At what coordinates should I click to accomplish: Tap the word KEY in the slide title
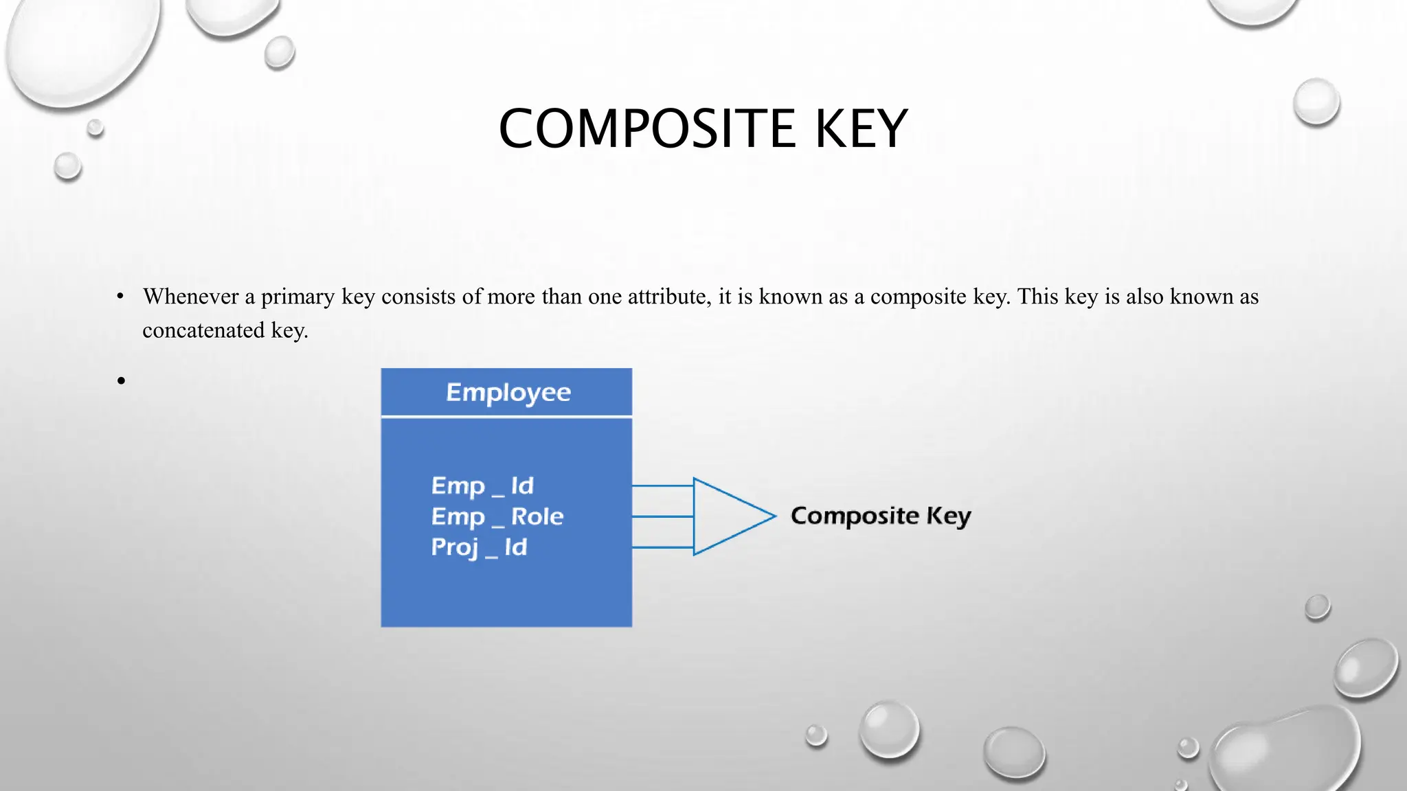(862, 129)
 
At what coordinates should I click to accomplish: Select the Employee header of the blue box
(508, 392)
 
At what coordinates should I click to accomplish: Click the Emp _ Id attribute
(482, 486)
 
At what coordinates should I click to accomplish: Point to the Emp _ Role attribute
(497, 516)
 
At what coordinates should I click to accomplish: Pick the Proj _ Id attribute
(479, 547)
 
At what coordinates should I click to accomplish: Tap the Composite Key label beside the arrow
(881, 516)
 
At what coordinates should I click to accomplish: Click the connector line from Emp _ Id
(662, 486)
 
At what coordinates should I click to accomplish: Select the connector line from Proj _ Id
(662, 547)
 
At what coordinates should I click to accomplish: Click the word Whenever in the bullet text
(190, 297)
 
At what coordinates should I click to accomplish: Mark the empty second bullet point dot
(122, 380)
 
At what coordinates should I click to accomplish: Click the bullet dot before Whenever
(120, 297)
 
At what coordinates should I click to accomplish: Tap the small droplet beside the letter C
(95, 127)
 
